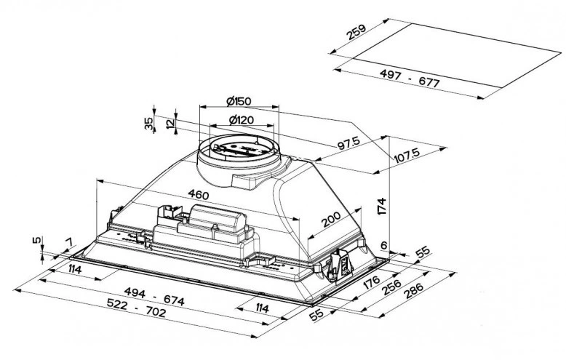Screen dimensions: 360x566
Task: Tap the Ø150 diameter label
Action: [x=238, y=100]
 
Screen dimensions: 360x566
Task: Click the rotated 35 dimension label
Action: [x=148, y=124]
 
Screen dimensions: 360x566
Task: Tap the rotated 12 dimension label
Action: [x=170, y=124]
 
